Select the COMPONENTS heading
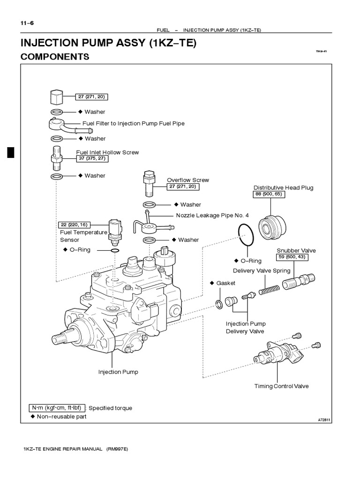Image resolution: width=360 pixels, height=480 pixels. tap(55, 57)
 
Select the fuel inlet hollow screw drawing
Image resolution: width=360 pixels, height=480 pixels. tap(57, 157)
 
